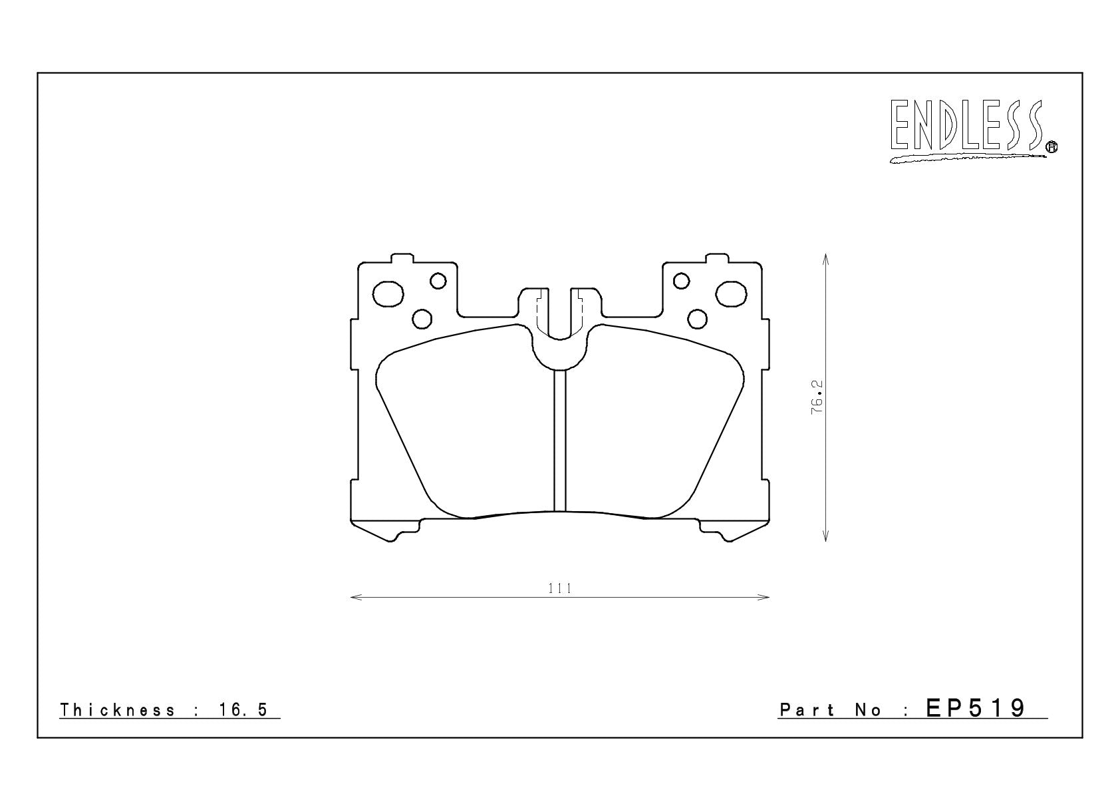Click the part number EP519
976,709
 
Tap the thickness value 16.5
243,710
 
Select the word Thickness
118,710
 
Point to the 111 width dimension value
560,588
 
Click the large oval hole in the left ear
388,294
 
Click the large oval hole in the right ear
731,294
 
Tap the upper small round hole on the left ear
438,281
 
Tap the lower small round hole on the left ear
422,319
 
